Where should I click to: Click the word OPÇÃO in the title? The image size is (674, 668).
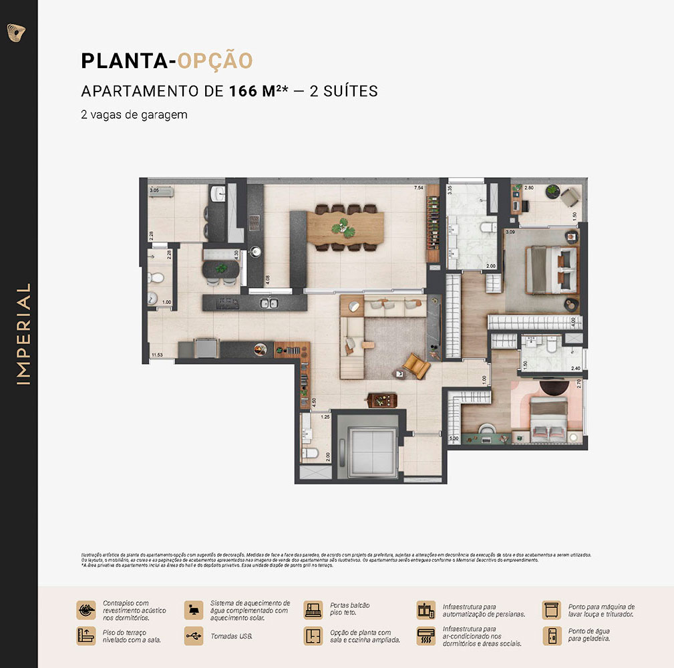(215, 61)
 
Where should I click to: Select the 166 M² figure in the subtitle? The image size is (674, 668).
(253, 91)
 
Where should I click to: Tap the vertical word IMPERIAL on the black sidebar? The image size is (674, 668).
(24, 334)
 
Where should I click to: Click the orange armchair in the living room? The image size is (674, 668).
(415, 365)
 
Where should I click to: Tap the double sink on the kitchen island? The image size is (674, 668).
(269, 304)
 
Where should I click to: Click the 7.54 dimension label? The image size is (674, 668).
(419, 188)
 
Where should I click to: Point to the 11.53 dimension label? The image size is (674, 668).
(158, 355)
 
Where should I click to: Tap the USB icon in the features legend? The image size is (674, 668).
(194, 635)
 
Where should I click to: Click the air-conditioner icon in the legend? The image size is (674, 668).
(426, 636)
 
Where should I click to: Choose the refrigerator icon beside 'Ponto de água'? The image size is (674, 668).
(551, 635)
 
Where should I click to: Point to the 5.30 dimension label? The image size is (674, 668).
(454, 439)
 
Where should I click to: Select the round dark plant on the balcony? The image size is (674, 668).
(552, 191)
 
